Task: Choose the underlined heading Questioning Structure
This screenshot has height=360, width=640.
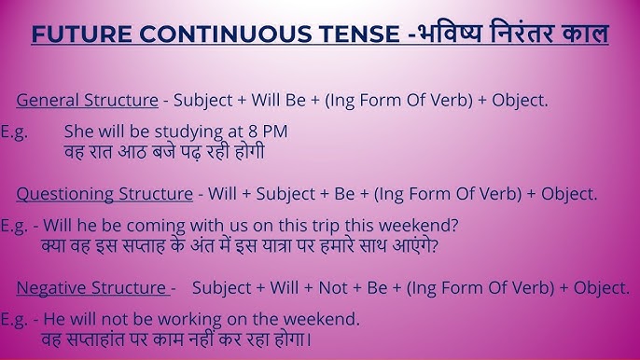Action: (104, 194)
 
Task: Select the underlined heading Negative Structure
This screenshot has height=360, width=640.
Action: (91, 288)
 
